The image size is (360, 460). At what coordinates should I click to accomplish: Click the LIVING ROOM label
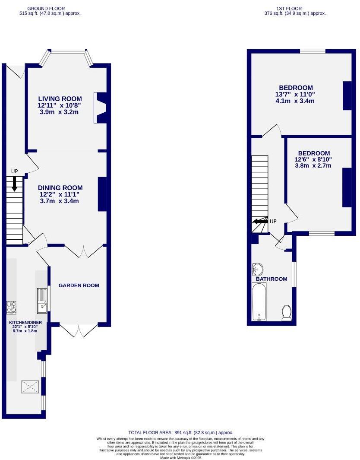(x=60, y=99)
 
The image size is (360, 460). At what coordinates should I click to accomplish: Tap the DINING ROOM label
(x=60, y=188)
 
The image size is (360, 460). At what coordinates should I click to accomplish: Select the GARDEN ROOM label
(x=79, y=286)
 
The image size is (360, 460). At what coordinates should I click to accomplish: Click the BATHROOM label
(x=272, y=279)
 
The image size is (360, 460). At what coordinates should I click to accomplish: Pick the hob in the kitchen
(x=11, y=308)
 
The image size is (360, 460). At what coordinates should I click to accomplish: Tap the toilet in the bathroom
(x=286, y=313)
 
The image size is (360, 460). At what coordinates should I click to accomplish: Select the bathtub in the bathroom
(x=259, y=302)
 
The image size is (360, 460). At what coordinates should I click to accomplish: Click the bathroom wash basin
(x=257, y=269)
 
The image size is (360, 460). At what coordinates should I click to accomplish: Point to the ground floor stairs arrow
(x=14, y=184)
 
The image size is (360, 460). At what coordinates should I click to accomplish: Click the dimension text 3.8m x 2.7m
(x=313, y=165)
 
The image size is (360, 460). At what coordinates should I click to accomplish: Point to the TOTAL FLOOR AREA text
(x=180, y=432)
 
